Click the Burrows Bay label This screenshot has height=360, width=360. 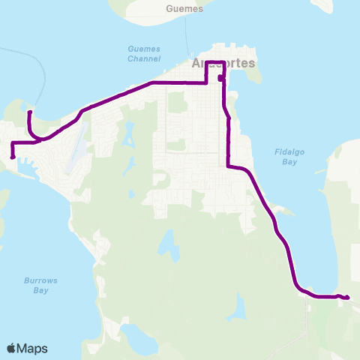coord(40,285)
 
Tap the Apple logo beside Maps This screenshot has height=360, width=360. coord(12,348)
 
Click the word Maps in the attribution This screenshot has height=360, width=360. coord(33,348)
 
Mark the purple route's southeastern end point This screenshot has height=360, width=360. coord(348,298)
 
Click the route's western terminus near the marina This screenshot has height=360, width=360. coord(13,157)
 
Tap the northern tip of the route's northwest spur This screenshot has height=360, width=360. coord(29,112)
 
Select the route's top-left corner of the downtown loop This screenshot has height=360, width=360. coord(207,61)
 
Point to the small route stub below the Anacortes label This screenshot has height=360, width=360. coord(220,77)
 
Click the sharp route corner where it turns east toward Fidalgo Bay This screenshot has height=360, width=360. coord(228,166)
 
